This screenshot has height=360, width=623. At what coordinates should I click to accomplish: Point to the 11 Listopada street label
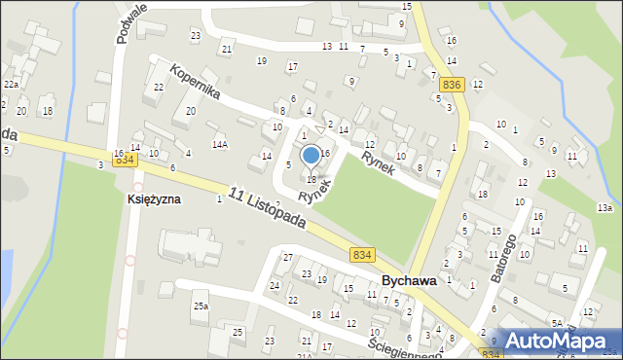[269, 207]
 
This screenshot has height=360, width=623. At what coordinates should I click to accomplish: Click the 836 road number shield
[450, 86]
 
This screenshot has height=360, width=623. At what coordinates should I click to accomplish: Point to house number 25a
[201, 306]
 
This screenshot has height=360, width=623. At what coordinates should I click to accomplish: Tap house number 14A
[221, 145]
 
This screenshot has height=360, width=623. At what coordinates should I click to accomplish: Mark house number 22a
[11, 85]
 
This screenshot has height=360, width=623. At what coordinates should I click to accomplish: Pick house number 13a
[605, 208]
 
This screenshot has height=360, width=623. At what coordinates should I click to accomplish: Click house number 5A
[557, 323]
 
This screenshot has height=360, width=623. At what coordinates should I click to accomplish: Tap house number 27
[287, 257]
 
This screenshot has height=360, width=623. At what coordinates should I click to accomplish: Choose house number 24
[275, 285]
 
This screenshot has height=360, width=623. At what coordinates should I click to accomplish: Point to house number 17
[292, 66]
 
